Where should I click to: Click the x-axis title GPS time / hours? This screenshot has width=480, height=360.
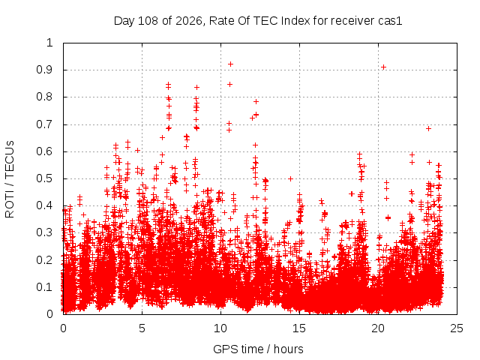click(258, 349)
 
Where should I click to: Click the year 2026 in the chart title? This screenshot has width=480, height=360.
click(189, 21)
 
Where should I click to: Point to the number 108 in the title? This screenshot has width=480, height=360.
click(148, 21)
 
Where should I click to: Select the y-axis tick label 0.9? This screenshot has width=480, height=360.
click(44, 70)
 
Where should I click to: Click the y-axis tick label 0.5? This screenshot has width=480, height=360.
click(44, 178)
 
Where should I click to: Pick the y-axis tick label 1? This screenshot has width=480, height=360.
click(49, 43)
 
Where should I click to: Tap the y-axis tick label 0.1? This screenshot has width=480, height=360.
click(44, 287)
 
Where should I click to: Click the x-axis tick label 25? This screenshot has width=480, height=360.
click(457, 328)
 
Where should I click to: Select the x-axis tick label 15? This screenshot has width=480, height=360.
click(299, 328)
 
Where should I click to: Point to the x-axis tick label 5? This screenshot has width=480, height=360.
click(142, 328)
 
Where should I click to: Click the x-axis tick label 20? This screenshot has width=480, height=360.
click(378, 328)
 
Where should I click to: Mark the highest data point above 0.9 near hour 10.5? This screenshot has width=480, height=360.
click(230, 64)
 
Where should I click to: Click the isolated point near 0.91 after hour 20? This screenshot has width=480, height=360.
click(383, 67)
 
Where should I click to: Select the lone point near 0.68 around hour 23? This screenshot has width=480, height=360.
click(428, 129)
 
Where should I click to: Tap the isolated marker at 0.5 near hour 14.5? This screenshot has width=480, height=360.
click(290, 178)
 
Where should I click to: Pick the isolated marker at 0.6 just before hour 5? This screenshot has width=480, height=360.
click(137, 150)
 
